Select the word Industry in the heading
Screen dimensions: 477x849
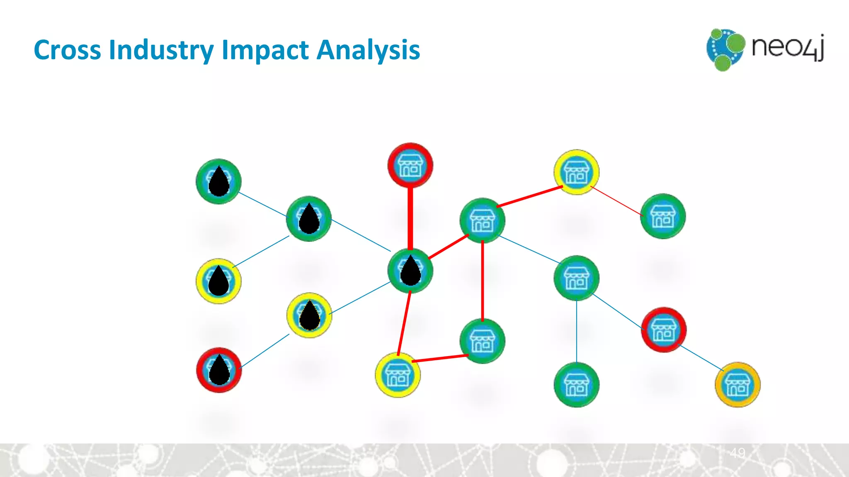point(162,50)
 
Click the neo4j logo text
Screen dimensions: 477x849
point(788,48)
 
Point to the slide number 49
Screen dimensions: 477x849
point(737,453)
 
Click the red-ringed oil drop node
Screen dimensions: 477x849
point(219,370)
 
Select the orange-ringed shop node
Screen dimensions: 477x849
point(737,385)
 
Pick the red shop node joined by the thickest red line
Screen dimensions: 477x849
point(410,165)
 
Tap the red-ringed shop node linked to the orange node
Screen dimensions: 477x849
point(664,330)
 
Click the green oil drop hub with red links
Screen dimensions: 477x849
point(410,271)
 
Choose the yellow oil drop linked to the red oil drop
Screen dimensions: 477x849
point(309,316)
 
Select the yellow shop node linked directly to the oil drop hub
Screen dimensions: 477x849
point(398,375)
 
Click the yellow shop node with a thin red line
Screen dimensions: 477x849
point(576,172)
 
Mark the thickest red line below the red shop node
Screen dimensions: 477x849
point(410,217)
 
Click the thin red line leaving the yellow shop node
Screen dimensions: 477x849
point(616,201)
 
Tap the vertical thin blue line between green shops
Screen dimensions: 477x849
point(577,331)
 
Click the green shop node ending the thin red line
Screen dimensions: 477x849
point(663,216)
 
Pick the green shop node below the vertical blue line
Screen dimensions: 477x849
point(576,385)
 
